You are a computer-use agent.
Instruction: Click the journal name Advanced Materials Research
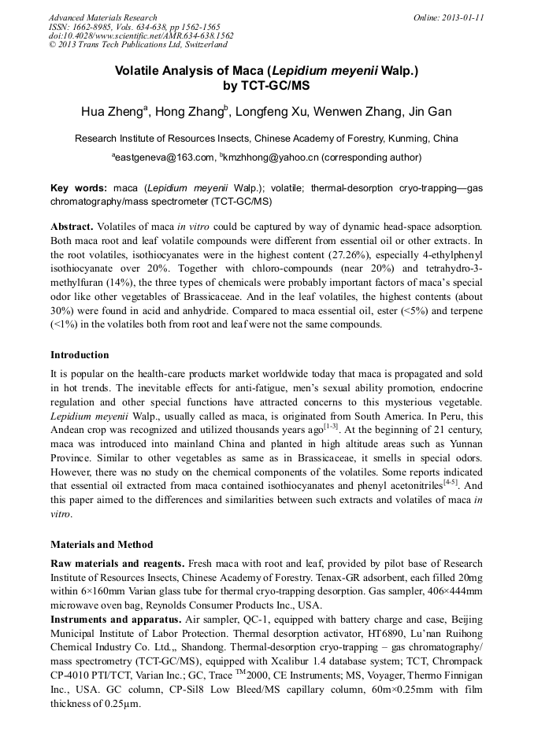102,17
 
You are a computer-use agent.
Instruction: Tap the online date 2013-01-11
462,17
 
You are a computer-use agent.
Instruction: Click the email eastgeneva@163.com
163,157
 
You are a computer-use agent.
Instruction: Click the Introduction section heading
80,355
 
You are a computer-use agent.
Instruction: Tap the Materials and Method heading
102,544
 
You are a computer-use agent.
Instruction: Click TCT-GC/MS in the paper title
266,85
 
